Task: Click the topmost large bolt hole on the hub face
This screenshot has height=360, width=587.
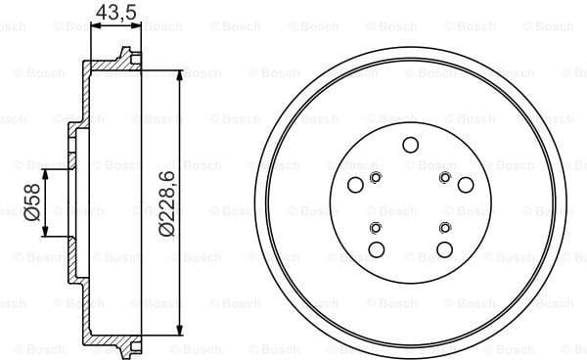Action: click(x=410, y=145)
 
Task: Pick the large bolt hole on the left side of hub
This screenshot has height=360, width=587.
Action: click(x=355, y=187)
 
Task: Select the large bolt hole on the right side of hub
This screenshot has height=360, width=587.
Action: click(x=464, y=187)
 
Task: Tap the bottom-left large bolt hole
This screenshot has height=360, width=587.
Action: click(x=376, y=249)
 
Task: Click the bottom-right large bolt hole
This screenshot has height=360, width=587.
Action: click(x=445, y=249)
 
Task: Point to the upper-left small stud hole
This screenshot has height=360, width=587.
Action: click(x=376, y=177)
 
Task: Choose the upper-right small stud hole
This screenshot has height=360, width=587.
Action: click(x=445, y=177)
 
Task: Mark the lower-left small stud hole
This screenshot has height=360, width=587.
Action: click(x=376, y=227)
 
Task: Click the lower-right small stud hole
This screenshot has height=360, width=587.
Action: click(x=445, y=227)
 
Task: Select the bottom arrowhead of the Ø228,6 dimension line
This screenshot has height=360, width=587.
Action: click(x=180, y=330)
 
